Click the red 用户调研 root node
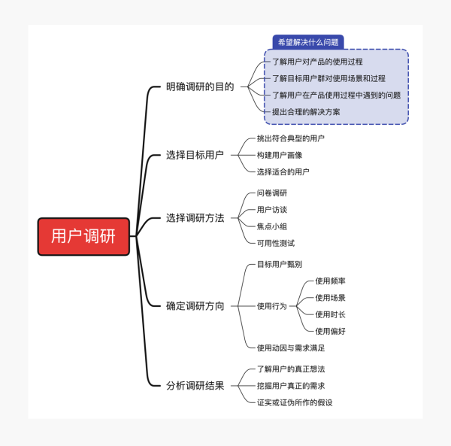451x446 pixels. (83, 236)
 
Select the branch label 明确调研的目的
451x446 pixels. (199, 86)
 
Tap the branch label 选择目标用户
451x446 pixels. (195, 155)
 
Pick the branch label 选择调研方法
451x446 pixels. (195, 218)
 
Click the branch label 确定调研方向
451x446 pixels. (195, 306)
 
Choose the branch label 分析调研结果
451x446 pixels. (195, 386)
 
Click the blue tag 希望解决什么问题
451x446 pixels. (307, 42)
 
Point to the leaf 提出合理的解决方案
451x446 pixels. (306, 111)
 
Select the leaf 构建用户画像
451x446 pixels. (280, 155)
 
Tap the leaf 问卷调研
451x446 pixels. (272, 193)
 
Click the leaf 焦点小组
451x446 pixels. (272, 226)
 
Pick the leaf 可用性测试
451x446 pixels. (276, 243)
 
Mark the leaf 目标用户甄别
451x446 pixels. (280, 264)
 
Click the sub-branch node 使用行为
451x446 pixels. (272, 306)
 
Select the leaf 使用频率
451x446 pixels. (331, 281)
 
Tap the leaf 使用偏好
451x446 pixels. (331, 331)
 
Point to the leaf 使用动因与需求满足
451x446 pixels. (291, 347)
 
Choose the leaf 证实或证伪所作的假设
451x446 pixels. (295, 402)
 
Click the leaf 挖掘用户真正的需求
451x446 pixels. (291, 386)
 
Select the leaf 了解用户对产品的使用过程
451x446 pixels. (317, 62)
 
